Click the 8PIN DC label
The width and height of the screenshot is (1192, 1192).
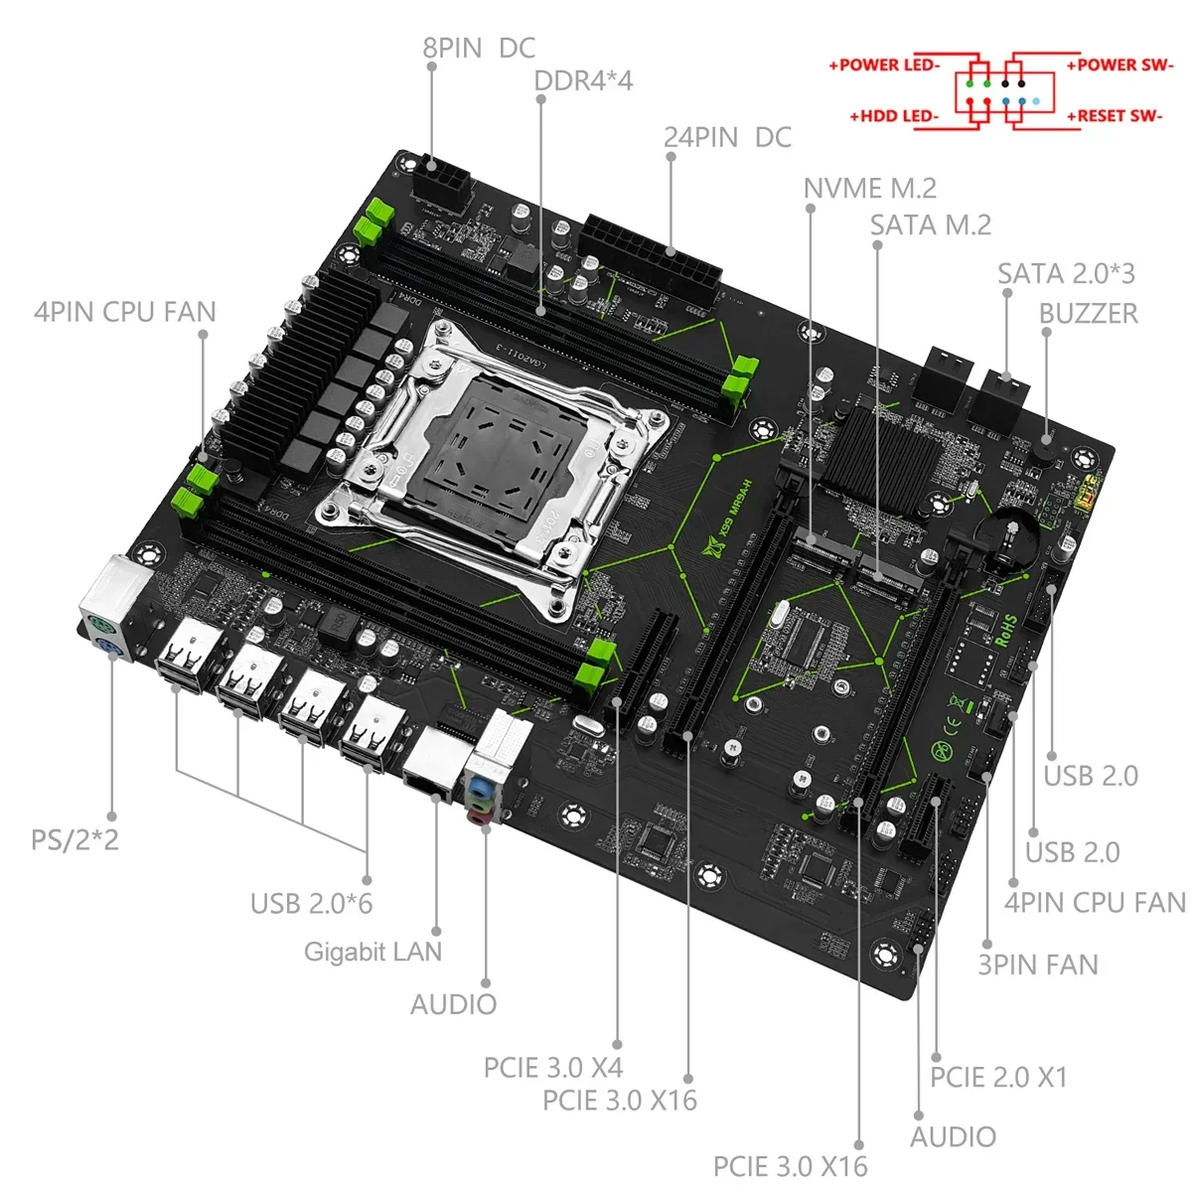click(x=479, y=48)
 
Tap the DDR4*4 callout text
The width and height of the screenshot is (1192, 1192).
click(x=583, y=80)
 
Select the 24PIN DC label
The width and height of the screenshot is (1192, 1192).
click(x=727, y=137)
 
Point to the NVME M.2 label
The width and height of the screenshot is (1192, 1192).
click(x=869, y=188)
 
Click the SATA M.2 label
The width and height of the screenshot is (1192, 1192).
click(x=931, y=225)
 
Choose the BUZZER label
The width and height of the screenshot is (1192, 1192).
click(x=1088, y=314)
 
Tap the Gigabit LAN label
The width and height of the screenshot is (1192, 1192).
click(x=372, y=952)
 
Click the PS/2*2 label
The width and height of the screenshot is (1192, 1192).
click(x=74, y=839)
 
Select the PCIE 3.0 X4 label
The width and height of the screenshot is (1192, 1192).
click(x=552, y=1068)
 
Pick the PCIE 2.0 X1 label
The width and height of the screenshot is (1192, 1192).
click(x=998, y=1078)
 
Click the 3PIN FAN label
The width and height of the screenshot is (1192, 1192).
click(x=1038, y=965)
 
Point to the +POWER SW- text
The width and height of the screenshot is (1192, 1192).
click(x=1119, y=66)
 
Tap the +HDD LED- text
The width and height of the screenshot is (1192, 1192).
click(x=894, y=116)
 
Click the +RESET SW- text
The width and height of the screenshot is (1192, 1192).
click(x=1115, y=116)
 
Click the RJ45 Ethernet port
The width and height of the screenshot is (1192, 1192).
click(x=430, y=760)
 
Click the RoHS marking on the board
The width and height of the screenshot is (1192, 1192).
click(x=1005, y=630)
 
